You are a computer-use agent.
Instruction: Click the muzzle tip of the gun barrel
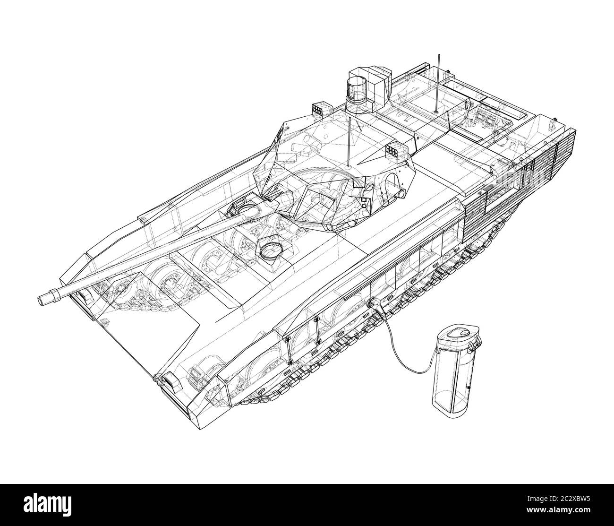[x=45, y=299]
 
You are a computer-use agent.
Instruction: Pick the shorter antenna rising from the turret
[x=349, y=142]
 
